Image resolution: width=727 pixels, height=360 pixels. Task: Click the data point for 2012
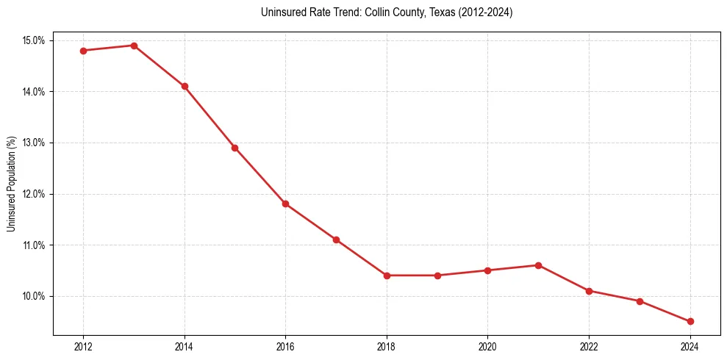click(83, 51)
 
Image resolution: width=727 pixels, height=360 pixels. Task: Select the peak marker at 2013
click(134, 46)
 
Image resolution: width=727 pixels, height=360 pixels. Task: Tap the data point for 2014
click(185, 86)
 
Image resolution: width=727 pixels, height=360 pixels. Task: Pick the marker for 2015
click(234, 148)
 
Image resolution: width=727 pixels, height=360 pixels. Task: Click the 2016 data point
click(285, 204)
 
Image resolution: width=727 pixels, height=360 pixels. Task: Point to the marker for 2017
click(336, 240)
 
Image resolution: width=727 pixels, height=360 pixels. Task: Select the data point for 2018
click(387, 276)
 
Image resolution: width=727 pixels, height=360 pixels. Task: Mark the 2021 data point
click(538, 265)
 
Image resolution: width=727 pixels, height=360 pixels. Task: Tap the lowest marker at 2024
click(690, 321)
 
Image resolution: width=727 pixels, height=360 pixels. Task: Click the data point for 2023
click(640, 301)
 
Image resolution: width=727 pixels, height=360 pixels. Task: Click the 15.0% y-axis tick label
click(34, 40)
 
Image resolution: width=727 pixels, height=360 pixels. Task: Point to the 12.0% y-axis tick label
click(34, 194)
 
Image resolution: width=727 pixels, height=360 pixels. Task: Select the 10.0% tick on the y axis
click(34, 296)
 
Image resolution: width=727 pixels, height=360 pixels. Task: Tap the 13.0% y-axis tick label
click(34, 143)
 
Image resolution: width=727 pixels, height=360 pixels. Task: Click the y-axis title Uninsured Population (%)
click(11, 184)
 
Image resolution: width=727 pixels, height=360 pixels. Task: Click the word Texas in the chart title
click(431, 12)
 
